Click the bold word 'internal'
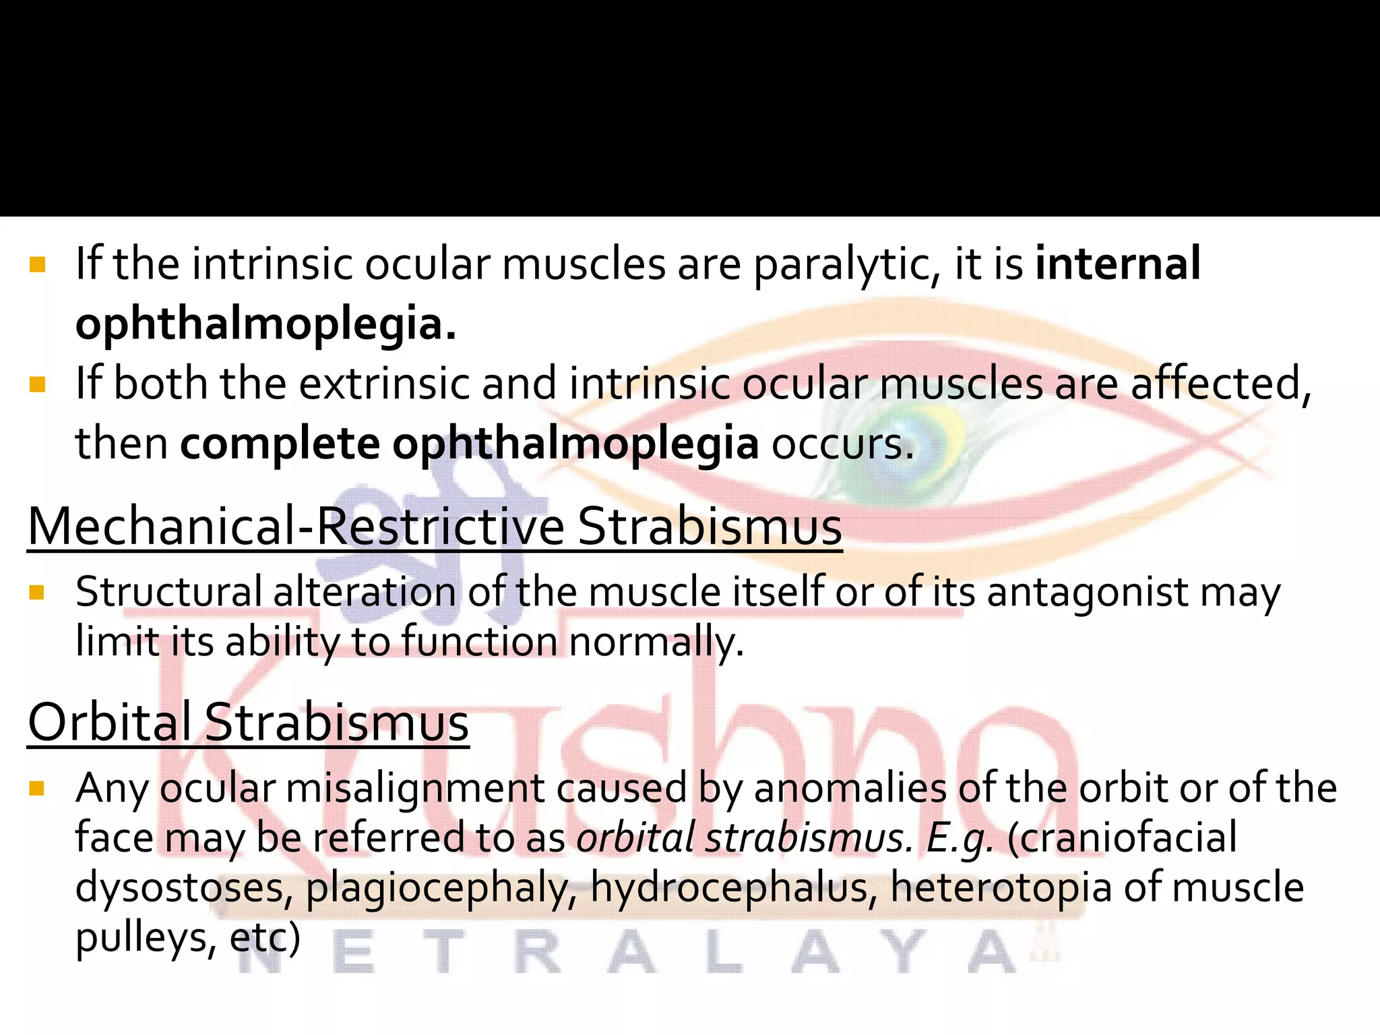1117,264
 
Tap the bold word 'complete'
280,444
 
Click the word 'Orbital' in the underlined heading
110,722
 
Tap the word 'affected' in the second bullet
1220,384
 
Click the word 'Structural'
168,592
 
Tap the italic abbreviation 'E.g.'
960,838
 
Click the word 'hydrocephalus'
734,888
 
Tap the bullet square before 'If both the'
37,385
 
